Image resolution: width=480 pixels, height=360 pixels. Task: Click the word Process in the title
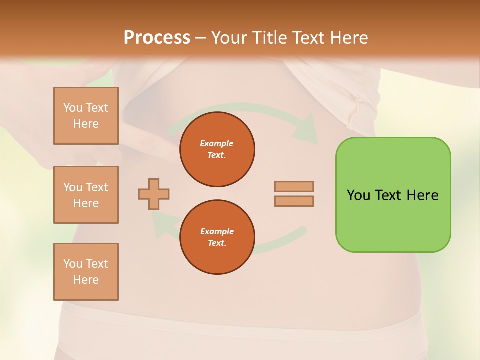click(157, 38)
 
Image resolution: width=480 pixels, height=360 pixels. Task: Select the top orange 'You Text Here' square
click(86, 116)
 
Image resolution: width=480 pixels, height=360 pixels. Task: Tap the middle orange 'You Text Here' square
click(86, 195)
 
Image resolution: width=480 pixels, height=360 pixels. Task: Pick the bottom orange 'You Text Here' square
click(86, 272)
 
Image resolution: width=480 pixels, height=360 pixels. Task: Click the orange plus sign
click(154, 194)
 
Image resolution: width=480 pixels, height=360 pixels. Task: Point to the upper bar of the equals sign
click(294, 186)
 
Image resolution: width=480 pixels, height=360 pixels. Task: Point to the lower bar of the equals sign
click(294, 201)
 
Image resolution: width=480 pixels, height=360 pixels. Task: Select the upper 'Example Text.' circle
click(217, 149)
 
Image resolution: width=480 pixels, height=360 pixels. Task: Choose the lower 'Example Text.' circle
click(217, 237)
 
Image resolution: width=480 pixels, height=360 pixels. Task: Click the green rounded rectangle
click(393, 220)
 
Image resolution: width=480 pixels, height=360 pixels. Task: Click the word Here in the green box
click(422, 195)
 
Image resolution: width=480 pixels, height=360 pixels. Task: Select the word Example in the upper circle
click(217, 143)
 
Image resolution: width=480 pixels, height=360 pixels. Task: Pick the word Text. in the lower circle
click(217, 243)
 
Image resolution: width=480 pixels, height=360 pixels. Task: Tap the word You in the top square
click(72, 108)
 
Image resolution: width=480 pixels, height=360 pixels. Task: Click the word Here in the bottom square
click(86, 280)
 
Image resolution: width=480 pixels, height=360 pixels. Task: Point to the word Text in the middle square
click(96, 187)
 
